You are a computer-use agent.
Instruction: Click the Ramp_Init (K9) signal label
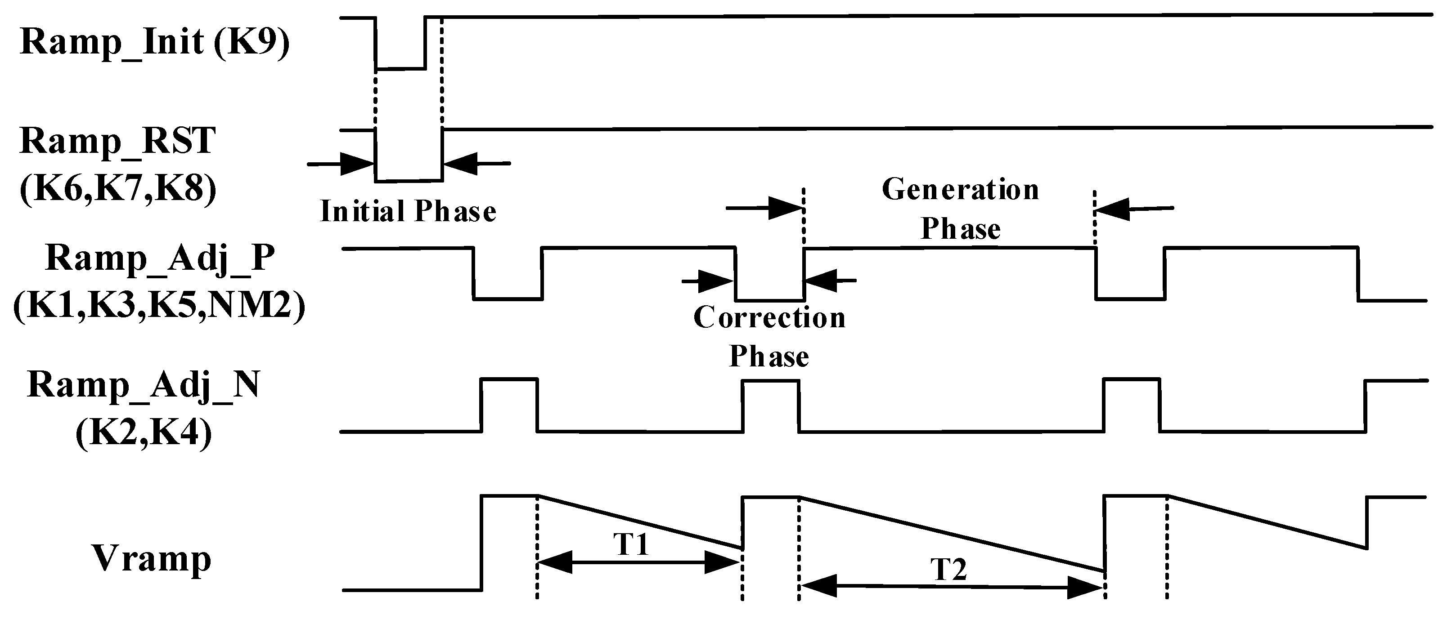[x=154, y=43]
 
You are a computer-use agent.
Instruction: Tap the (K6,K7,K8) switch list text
[x=117, y=189]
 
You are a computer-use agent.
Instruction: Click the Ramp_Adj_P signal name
[x=160, y=259]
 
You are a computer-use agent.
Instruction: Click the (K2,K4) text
[x=143, y=434]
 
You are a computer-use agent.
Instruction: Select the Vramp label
[x=151, y=559]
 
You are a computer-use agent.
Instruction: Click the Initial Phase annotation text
[x=409, y=212]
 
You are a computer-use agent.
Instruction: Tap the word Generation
[x=960, y=190]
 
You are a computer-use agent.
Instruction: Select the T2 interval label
[x=949, y=569]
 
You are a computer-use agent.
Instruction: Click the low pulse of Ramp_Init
[x=400, y=68]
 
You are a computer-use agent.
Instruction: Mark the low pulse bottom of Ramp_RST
[x=409, y=181]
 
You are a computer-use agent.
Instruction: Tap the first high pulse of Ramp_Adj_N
[x=509, y=380]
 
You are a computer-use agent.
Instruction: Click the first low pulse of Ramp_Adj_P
[x=508, y=299]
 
